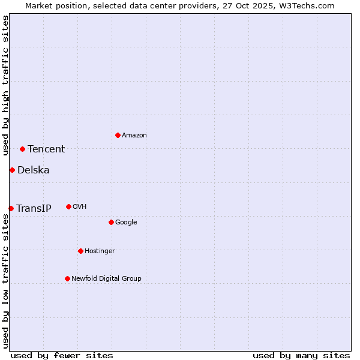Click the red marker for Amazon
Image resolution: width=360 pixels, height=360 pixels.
(x=118, y=135)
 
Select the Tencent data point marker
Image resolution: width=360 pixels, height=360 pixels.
(x=22, y=149)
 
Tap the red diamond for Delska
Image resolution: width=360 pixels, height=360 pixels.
(x=12, y=170)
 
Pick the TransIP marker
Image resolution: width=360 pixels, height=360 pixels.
(x=11, y=208)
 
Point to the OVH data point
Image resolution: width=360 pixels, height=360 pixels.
(x=68, y=206)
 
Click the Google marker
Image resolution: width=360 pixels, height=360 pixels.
(x=111, y=222)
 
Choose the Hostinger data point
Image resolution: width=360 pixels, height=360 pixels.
(x=80, y=251)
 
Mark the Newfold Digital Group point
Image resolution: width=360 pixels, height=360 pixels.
(x=67, y=278)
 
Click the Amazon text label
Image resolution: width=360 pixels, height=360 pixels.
(x=134, y=136)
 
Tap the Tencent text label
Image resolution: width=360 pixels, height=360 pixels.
(x=46, y=149)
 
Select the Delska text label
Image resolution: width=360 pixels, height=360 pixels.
(x=34, y=170)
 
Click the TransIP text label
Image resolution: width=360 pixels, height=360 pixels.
(x=34, y=209)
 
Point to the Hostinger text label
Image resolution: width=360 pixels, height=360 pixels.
(x=100, y=251)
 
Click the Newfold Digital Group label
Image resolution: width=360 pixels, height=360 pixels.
(x=106, y=279)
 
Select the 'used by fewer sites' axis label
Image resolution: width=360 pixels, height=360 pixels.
(x=62, y=355)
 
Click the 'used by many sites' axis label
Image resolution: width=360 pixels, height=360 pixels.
(x=301, y=355)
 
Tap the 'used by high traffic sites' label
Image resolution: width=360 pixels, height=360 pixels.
(x=5, y=85)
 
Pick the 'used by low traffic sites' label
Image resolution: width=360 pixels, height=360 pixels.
(x=5, y=281)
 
